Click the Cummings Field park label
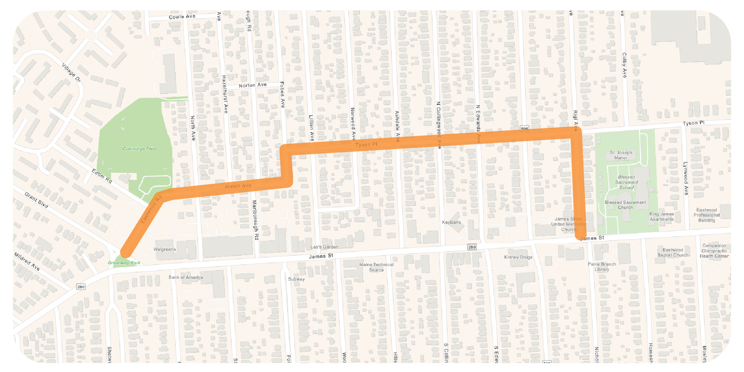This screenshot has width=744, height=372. tap(139, 149)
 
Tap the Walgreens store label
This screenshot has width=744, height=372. tap(164, 249)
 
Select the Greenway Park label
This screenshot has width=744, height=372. tap(124, 263)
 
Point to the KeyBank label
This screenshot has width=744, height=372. tap(451, 222)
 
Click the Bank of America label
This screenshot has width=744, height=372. tap(186, 277)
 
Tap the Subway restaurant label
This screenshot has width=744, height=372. tap(296, 279)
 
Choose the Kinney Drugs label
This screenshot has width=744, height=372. tap(518, 257)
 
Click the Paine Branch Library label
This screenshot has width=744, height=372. tap(602, 267)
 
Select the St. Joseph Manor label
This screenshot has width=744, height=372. tap(621, 155)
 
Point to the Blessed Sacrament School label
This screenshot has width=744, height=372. tap(626, 182)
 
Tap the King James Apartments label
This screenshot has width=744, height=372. tap(661, 216)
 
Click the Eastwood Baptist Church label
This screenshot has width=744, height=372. tap(672, 252)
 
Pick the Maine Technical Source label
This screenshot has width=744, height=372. tap(376, 267)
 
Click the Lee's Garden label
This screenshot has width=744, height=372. tap(324, 247)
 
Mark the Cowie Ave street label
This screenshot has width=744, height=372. tap(182, 17)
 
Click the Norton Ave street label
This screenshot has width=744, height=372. tap(252, 85)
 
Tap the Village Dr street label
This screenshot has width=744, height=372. tap(71, 73)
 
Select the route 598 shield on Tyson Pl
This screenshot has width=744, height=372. tap(524, 129)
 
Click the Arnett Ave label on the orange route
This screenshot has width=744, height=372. tap(238, 186)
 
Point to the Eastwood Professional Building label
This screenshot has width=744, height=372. tap(706, 215)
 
